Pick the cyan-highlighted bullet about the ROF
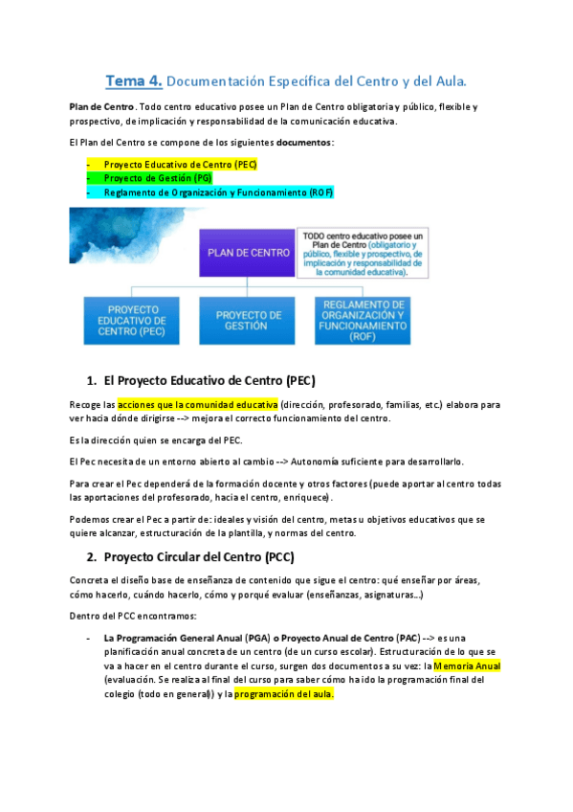point(218,192)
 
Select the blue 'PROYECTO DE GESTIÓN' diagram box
point(248,320)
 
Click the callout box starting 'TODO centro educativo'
point(362,253)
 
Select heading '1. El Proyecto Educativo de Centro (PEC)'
point(200,380)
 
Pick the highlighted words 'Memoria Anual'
point(467,665)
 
